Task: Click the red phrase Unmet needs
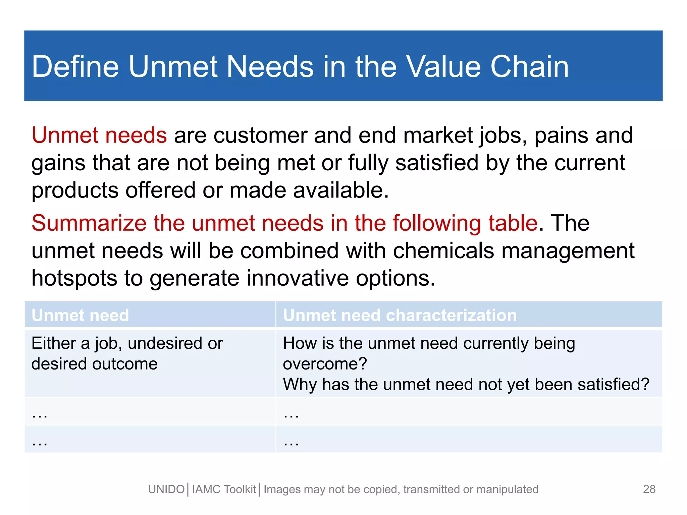99,135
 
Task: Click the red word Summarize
89,223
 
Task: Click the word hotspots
74,278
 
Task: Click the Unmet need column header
80,315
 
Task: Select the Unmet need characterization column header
400,315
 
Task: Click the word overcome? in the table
325,364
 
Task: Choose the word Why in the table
300,384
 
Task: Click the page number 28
649,489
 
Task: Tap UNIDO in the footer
166,490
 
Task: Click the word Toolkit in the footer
240,490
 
